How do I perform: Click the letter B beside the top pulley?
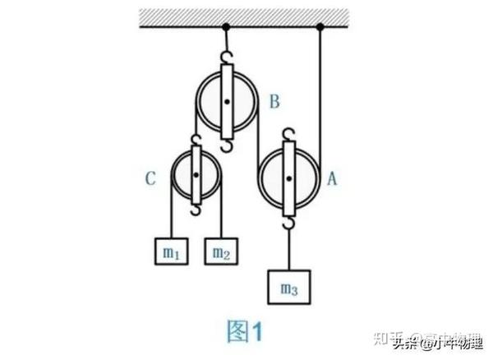point(274,103)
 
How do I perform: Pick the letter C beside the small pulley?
point(151,178)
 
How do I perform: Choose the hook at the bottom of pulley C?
point(196,210)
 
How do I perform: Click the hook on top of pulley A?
point(288,134)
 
